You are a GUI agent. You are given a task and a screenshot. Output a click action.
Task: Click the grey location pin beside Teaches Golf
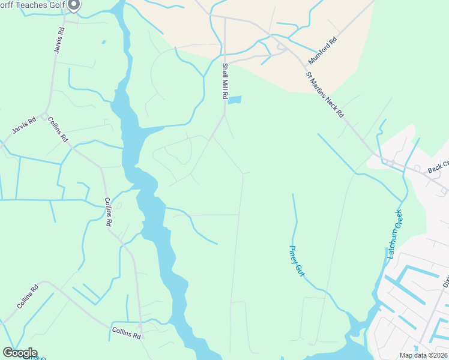[x=74, y=5]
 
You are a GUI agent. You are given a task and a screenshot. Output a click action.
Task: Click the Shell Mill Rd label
[x=225, y=81]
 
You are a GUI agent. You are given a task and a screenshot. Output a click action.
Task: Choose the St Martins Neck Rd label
[x=325, y=95]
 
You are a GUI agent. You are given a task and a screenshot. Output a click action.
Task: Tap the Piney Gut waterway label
[x=297, y=260]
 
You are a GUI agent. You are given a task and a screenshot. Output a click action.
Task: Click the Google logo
[x=20, y=352]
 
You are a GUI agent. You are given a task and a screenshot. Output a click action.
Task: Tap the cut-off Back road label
[x=438, y=170]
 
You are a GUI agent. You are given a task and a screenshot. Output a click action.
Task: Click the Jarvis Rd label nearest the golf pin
[x=58, y=40]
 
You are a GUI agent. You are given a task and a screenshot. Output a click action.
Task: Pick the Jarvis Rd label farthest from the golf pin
[x=24, y=125]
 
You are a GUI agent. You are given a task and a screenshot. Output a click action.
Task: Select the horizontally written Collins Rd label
[x=126, y=331]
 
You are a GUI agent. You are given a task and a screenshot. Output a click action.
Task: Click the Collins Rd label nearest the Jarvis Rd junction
[x=58, y=129]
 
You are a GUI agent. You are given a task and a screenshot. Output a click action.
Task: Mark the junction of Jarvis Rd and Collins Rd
[x=46, y=113]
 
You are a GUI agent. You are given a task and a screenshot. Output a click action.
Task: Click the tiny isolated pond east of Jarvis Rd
[x=103, y=42]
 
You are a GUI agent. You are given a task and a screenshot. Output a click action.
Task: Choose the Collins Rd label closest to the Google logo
[x=28, y=296]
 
